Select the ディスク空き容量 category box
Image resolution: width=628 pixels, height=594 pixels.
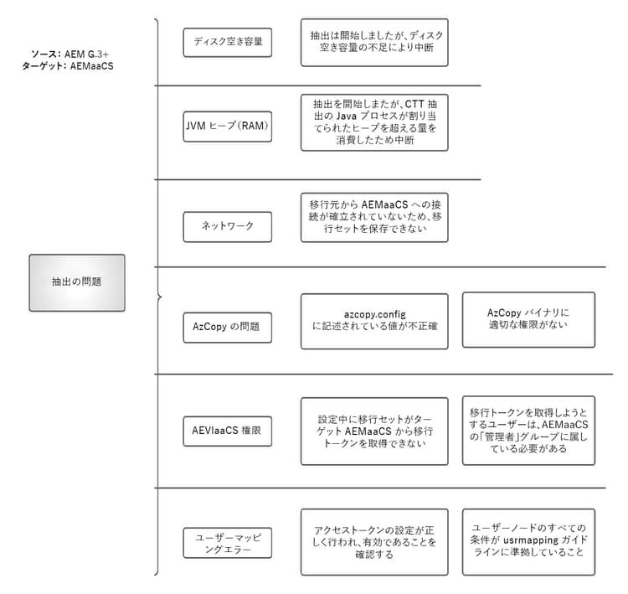(x=227, y=42)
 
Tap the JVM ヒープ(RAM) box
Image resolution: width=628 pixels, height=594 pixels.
(x=227, y=127)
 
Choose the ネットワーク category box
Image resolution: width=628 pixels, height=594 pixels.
(x=227, y=226)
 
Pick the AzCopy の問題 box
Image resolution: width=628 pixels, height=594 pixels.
(x=227, y=327)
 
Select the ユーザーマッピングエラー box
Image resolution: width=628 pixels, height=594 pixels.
(x=227, y=543)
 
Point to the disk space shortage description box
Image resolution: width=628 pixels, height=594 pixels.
(x=373, y=43)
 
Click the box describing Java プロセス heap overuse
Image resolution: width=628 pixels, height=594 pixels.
(x=373, y=122)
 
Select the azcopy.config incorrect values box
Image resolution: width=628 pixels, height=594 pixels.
(x=373, y=320)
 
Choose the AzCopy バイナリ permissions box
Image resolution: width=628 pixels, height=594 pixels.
(x=528, y=319)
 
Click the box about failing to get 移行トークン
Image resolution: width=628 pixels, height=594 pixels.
(x=373, y=431)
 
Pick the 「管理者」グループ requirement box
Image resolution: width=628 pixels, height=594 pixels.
(x=528, y=430)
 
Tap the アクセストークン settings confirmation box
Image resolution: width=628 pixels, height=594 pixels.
(x=373, y=541)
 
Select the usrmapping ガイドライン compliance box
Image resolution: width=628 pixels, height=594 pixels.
(x=528, y=541)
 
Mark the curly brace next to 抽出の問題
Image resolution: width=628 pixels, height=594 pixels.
(x=157, y=297)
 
